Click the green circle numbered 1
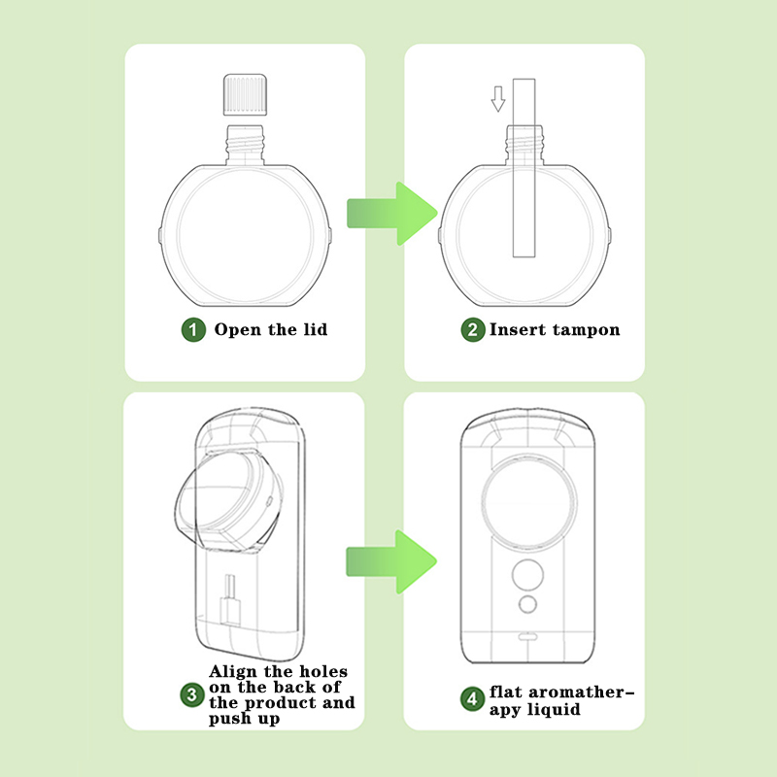pos(193,329)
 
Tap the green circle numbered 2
pos(473,329)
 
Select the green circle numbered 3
pos(191,694)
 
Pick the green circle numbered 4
pos(472,698)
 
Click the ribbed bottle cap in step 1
pos(245,94)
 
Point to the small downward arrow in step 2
pos(498,99)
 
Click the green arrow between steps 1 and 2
pos(391,214)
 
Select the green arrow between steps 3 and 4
pos(391,561)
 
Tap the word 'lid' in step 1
pos(315,329)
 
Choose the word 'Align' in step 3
pos(233,672)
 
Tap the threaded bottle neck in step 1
pos(245,145)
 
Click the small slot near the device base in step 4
pos(527,636)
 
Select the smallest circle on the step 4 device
pos(527,604)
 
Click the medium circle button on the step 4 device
pos(527,575)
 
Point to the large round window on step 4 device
pos(528,502)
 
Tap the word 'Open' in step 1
pos(237,330)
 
